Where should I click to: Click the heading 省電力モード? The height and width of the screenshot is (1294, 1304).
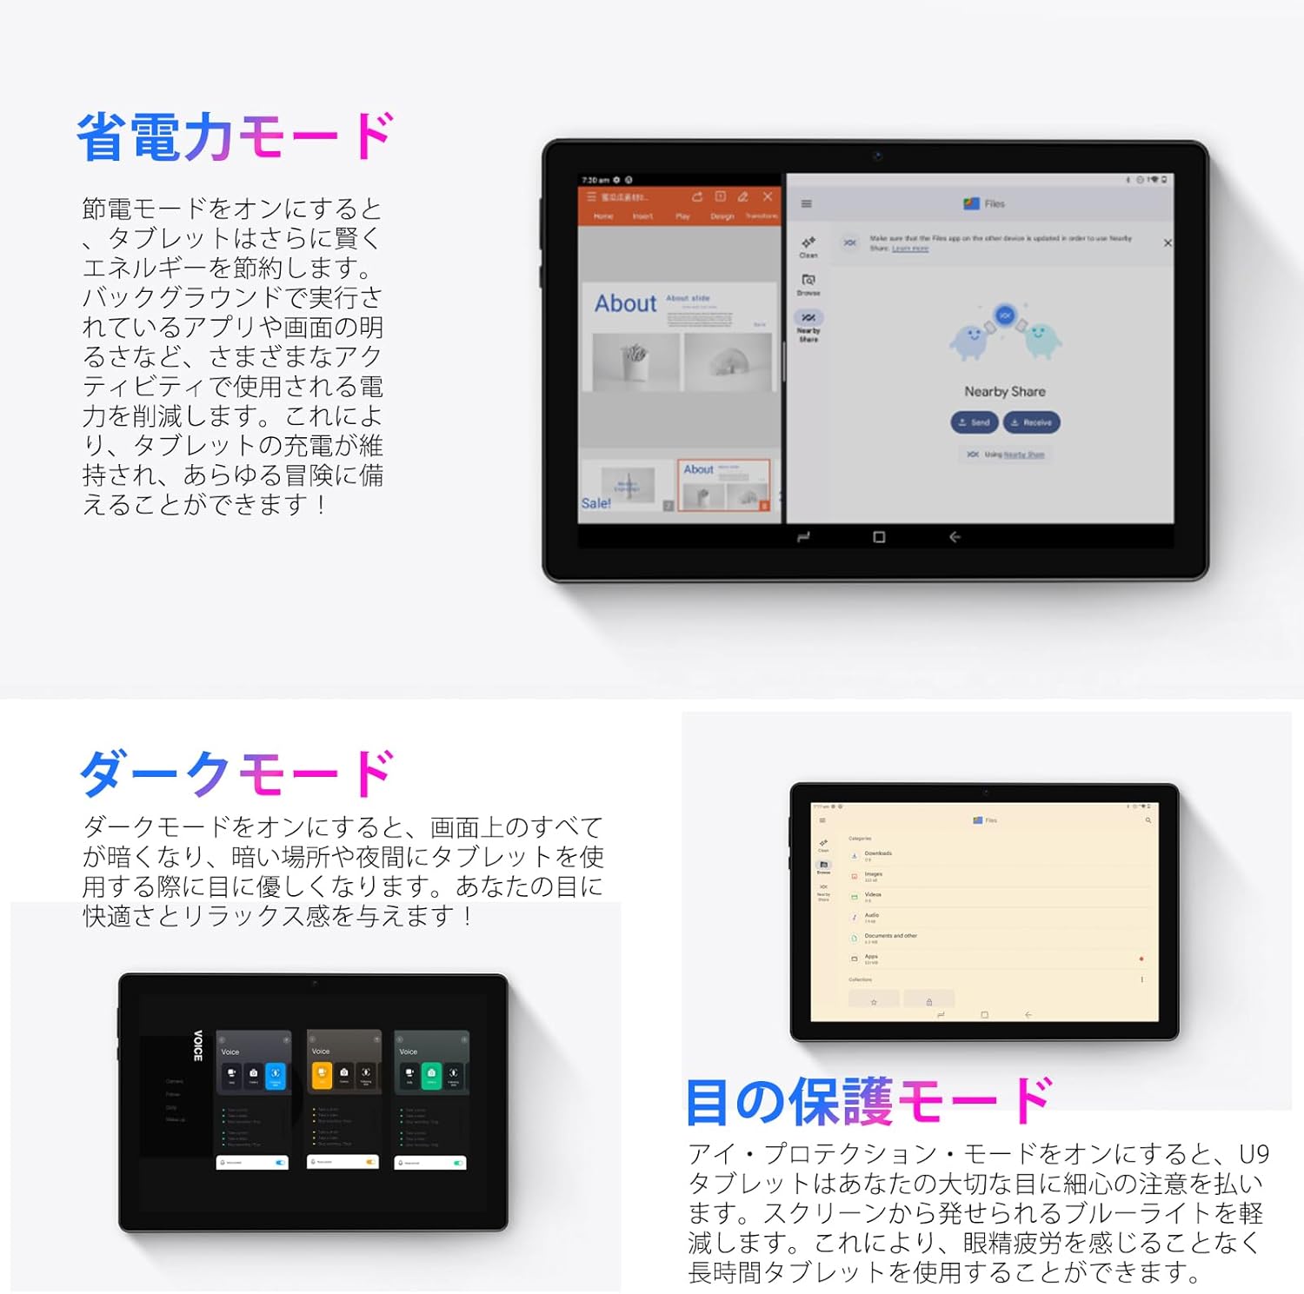(x=235, y=137)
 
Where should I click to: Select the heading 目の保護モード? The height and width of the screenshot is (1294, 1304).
(x=868, y=1101)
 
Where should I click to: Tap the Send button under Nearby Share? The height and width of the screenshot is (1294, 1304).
(x=975, y=422)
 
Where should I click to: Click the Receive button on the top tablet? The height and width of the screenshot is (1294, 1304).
(x=1032, y=422)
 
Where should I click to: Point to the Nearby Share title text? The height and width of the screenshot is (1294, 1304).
(x=1005, y=392)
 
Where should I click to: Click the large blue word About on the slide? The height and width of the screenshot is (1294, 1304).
(x=625, y=304)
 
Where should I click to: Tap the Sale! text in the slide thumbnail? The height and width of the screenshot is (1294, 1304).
(x=596, y=503)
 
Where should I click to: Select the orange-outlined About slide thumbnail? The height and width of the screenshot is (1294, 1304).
(x=723, y=485)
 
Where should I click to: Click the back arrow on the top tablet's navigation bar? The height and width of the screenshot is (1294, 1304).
(x=955, y=537)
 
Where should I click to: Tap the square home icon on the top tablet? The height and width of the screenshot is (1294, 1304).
(x=879, y=537)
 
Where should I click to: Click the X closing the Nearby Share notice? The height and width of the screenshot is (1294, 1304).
(x=1168, y=243)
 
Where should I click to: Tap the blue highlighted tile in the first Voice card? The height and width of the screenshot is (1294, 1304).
(x=275, y=1075)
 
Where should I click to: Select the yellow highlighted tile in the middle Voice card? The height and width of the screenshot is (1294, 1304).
(x=322, y=1075)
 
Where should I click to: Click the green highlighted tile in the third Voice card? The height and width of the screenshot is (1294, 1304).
(x=431, y=1075)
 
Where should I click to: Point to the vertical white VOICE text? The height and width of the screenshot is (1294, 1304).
(x=198, y=1045)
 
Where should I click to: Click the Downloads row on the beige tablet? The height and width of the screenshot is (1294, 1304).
(x=878, y=854)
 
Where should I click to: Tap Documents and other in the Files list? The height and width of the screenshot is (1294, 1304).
(x=890, y=937)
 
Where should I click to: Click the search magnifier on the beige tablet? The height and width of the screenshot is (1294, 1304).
(x=1148, y=820)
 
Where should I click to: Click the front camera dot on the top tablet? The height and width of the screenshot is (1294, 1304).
(x=877, y=156)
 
